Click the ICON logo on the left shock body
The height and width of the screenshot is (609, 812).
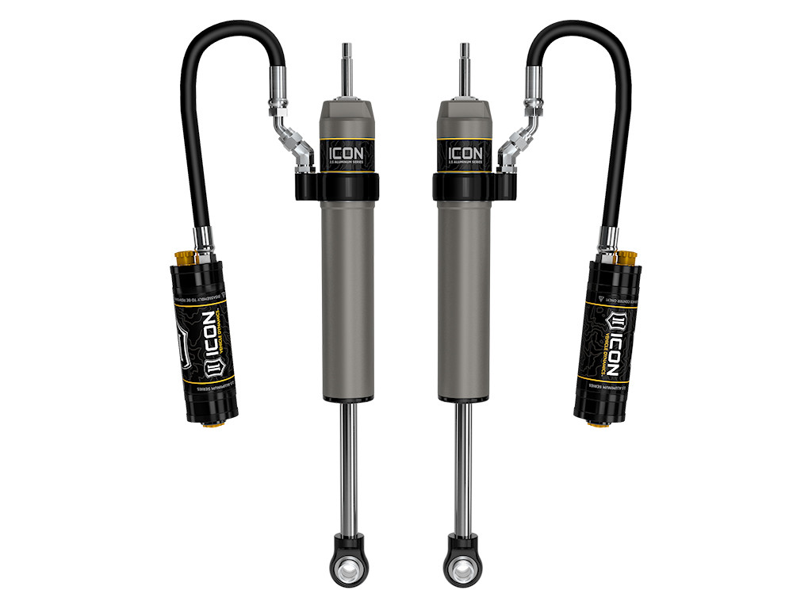click(x=347, y=152)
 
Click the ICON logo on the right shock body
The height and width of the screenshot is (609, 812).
click(x=465, y=152)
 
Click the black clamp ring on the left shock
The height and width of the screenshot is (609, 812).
click(x=347, y=187)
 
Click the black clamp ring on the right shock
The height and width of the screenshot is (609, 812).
click(x=465, y=187)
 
